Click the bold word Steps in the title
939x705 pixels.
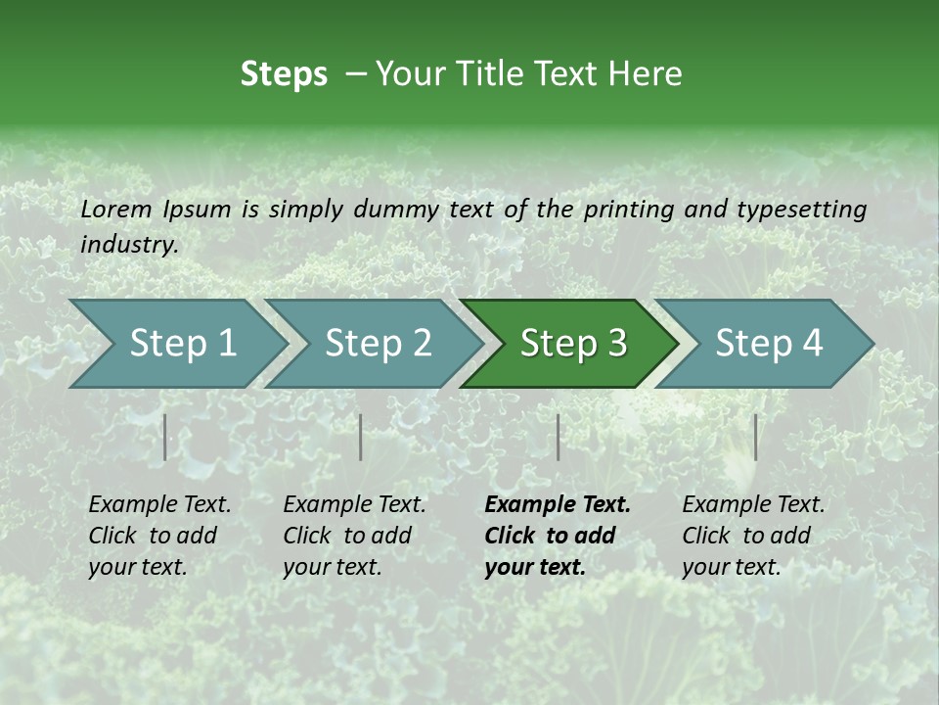point(284,74)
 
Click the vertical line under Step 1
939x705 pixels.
point(165,437)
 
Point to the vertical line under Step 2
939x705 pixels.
point(361,437)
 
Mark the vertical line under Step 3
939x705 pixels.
point(559,437)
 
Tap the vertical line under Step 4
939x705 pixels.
point(755,437)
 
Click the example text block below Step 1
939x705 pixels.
point(159,536)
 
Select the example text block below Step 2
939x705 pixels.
point(354,536)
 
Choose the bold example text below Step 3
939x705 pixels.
point(558,536)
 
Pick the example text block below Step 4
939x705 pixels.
point(753,536)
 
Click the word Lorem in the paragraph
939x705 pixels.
point(116,210)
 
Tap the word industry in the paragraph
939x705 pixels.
point(129,245)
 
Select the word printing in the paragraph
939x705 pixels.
point(629,210)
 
